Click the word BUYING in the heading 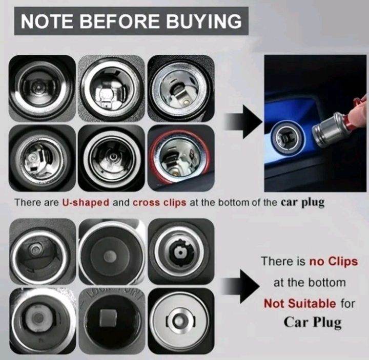204,21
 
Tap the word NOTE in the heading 47,21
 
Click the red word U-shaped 86,202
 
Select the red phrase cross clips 159,202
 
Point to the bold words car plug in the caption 302,202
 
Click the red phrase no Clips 334,261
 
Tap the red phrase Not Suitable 300,303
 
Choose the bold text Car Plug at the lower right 312,322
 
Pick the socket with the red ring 181,158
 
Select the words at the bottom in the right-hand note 310,282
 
